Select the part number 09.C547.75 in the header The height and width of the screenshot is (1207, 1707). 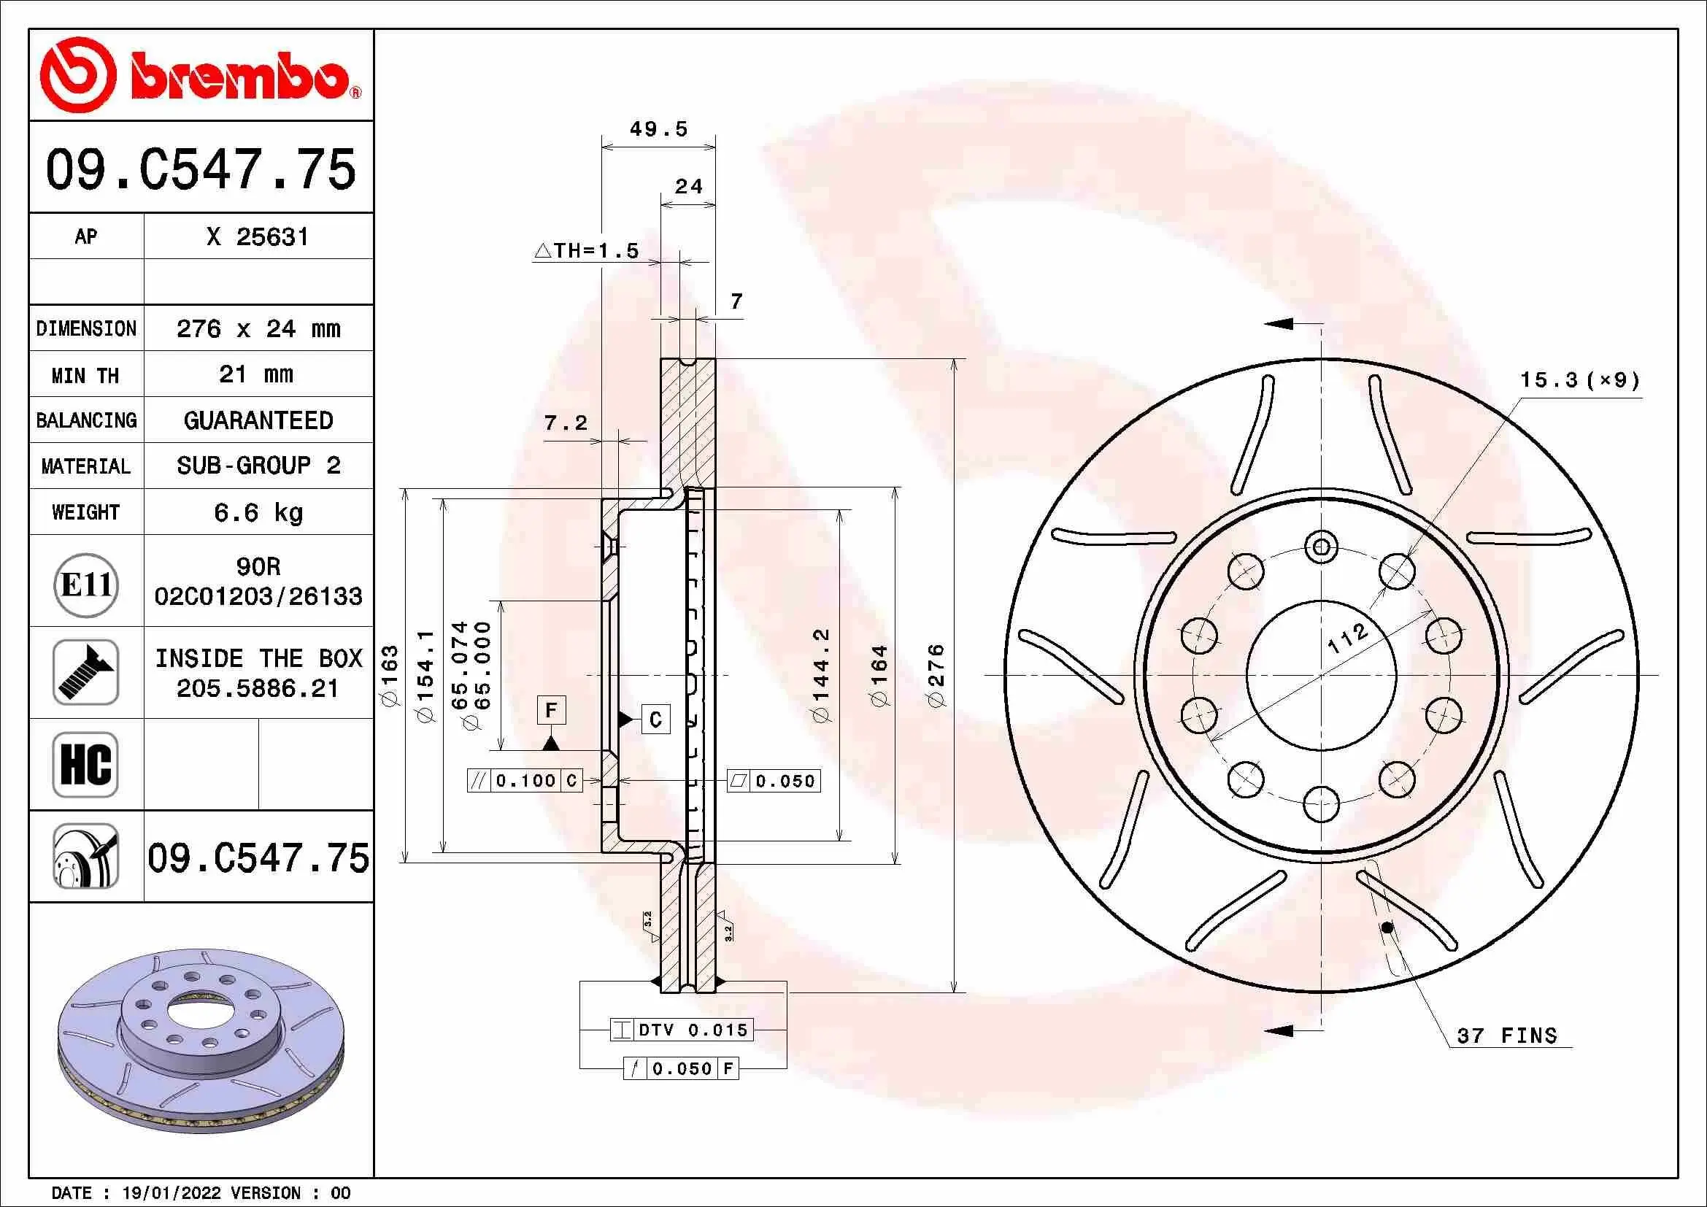[201, 169]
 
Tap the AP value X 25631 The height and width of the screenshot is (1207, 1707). [257, 237]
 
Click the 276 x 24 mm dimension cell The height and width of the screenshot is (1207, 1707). [258, 328]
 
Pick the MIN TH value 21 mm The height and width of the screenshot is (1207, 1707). [256, 374]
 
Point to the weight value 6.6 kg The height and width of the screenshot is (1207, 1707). [258, 512]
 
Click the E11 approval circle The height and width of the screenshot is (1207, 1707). [86, 585]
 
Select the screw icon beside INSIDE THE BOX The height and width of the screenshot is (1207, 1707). [86, 672]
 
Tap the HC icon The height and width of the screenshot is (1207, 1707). [86, 765]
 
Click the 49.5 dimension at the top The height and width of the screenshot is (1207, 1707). [659, 129]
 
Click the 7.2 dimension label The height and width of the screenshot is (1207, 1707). [566, 424]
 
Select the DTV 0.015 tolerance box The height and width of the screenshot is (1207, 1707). [682, 1030]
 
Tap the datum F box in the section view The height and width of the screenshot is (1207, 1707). [551, 710]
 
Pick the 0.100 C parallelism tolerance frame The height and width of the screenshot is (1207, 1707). [525, 780]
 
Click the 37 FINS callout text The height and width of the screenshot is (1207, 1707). [1506, 1036]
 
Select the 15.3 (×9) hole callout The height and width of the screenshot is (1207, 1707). [1579, 380]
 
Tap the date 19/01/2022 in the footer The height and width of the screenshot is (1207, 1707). [171, 1193]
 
